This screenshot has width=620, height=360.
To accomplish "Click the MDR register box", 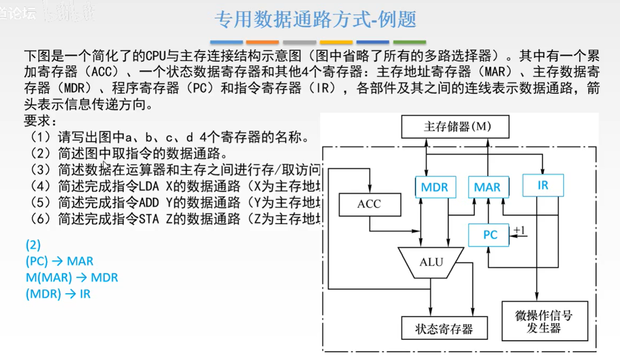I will (x=435, y=187).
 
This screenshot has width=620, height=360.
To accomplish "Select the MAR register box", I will (x=488, y=187).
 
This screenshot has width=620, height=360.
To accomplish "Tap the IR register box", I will (x=543, y=185).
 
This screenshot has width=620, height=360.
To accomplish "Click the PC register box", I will (x=489, y=235).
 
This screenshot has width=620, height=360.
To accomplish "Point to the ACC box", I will (x=369, y=204).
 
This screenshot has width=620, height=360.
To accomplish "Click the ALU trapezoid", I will (x=431, y=262).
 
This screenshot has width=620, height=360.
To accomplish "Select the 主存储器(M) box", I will (x=455, y=127).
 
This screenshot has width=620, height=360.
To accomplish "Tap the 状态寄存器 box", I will (x=444, y=329).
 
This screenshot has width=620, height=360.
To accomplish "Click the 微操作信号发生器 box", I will (x=544, y=321).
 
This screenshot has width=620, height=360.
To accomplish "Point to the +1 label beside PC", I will (x=519, y=231).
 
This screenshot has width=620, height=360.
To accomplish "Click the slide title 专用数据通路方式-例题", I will (x=316, y=19).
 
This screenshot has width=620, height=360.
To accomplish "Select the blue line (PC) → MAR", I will (x=59, y=261).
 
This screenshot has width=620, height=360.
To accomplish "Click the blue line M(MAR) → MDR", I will (x=72, y=277).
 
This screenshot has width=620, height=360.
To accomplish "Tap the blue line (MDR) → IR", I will (x=58, y=294).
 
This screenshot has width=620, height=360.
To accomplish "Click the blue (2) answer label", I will (x=33, y=245).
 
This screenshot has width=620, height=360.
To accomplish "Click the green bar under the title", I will (x=409, y=42).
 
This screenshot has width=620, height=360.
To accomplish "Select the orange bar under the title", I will (x=263, y=42).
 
